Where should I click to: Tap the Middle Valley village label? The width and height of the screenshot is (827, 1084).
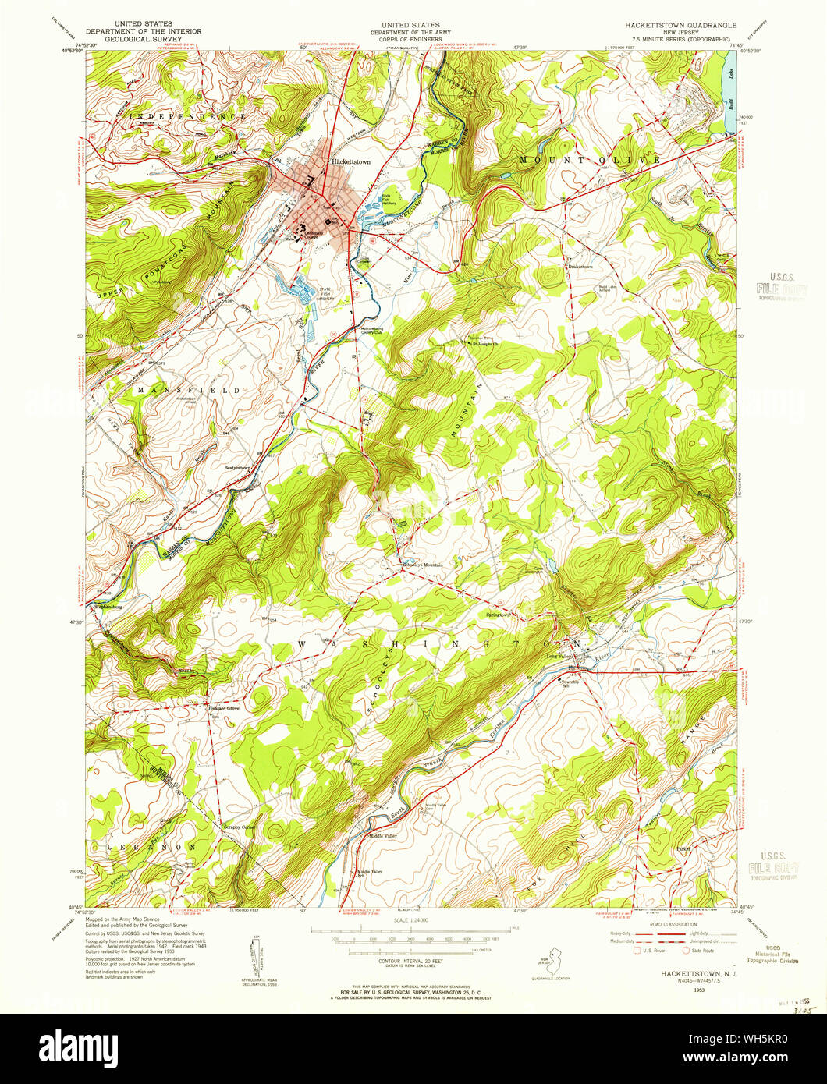point(382,836)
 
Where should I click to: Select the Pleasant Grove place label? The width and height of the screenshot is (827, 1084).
point(227,707)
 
